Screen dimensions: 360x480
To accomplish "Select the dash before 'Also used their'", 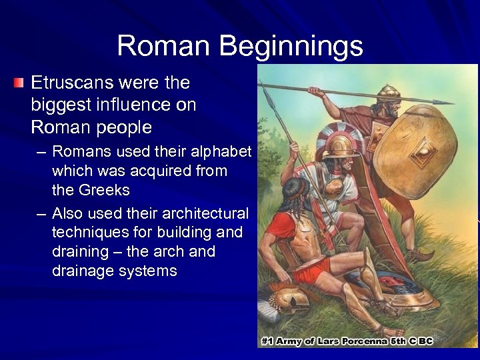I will [x=41, y=213].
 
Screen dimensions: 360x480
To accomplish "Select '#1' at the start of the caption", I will [x=268, y=341].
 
